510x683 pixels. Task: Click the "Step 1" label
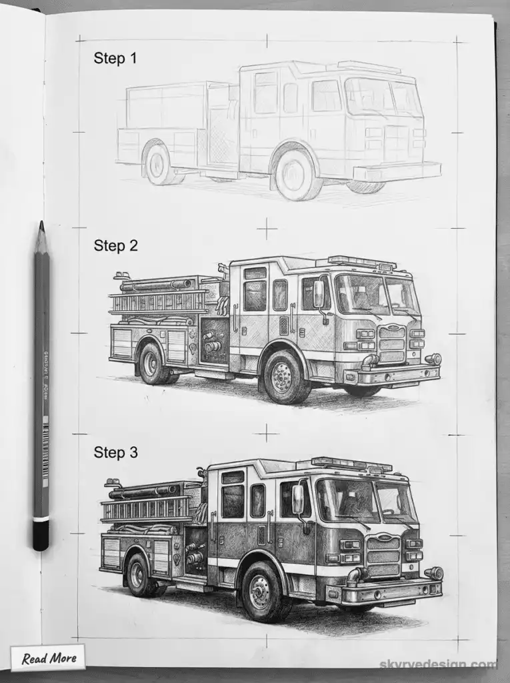point(115,58)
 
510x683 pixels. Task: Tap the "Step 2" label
point(115,245)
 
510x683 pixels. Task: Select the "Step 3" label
point(115,453)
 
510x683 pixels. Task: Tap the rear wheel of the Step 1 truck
point(159,164)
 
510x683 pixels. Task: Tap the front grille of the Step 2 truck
point(391,344)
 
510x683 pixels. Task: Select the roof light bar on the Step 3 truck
point(352,463)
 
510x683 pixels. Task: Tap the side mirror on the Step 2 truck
point(319,294)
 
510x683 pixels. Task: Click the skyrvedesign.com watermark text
point(437,664)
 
